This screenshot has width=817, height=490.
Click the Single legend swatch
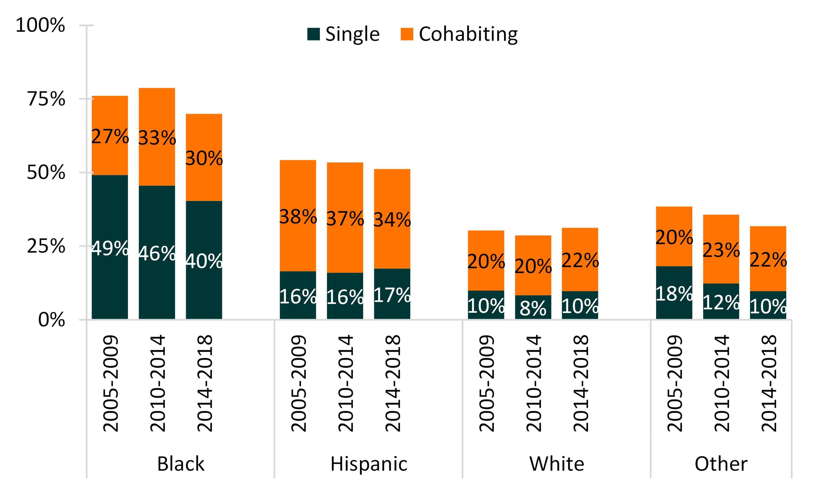click(313, 34)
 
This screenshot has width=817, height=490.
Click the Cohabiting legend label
click(468, 34)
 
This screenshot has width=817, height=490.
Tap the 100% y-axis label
click(40, 25)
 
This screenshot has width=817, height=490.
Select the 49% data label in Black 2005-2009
click(110, 248)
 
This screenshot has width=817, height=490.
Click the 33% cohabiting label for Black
click(157, 138)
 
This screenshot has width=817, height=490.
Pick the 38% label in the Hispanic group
click(298, 217)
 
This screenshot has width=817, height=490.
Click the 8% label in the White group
click(533, 308)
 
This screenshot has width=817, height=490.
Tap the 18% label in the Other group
click(674, 293)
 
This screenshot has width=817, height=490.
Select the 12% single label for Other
click(721, 302)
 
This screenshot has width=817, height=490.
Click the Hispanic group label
click(368, 464)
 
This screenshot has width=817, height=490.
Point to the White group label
click(557, 464)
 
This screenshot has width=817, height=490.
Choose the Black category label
click(181, 464)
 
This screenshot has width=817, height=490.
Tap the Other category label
click(721, 464)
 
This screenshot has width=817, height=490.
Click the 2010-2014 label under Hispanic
click(345, 383)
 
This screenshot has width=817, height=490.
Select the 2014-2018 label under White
click(581, 383)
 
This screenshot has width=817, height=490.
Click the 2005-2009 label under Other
click(674, 383)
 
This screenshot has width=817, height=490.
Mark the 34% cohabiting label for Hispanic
click(392, 220)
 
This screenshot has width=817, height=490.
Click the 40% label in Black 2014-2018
click(204, 261)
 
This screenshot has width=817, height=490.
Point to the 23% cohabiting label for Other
click(721, 250)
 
